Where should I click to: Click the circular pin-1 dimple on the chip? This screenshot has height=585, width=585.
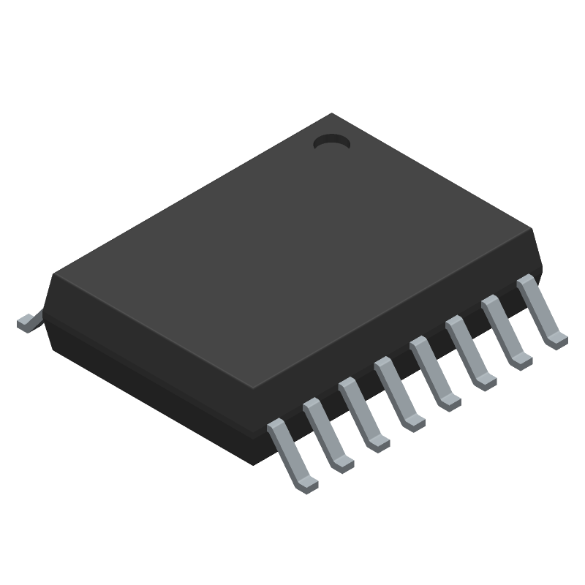tap(331, 143)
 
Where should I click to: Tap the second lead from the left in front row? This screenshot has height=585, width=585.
tap(326, 431)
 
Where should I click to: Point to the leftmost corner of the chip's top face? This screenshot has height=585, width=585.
tap(53, 276)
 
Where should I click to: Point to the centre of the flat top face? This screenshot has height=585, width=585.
tap(292, 252)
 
